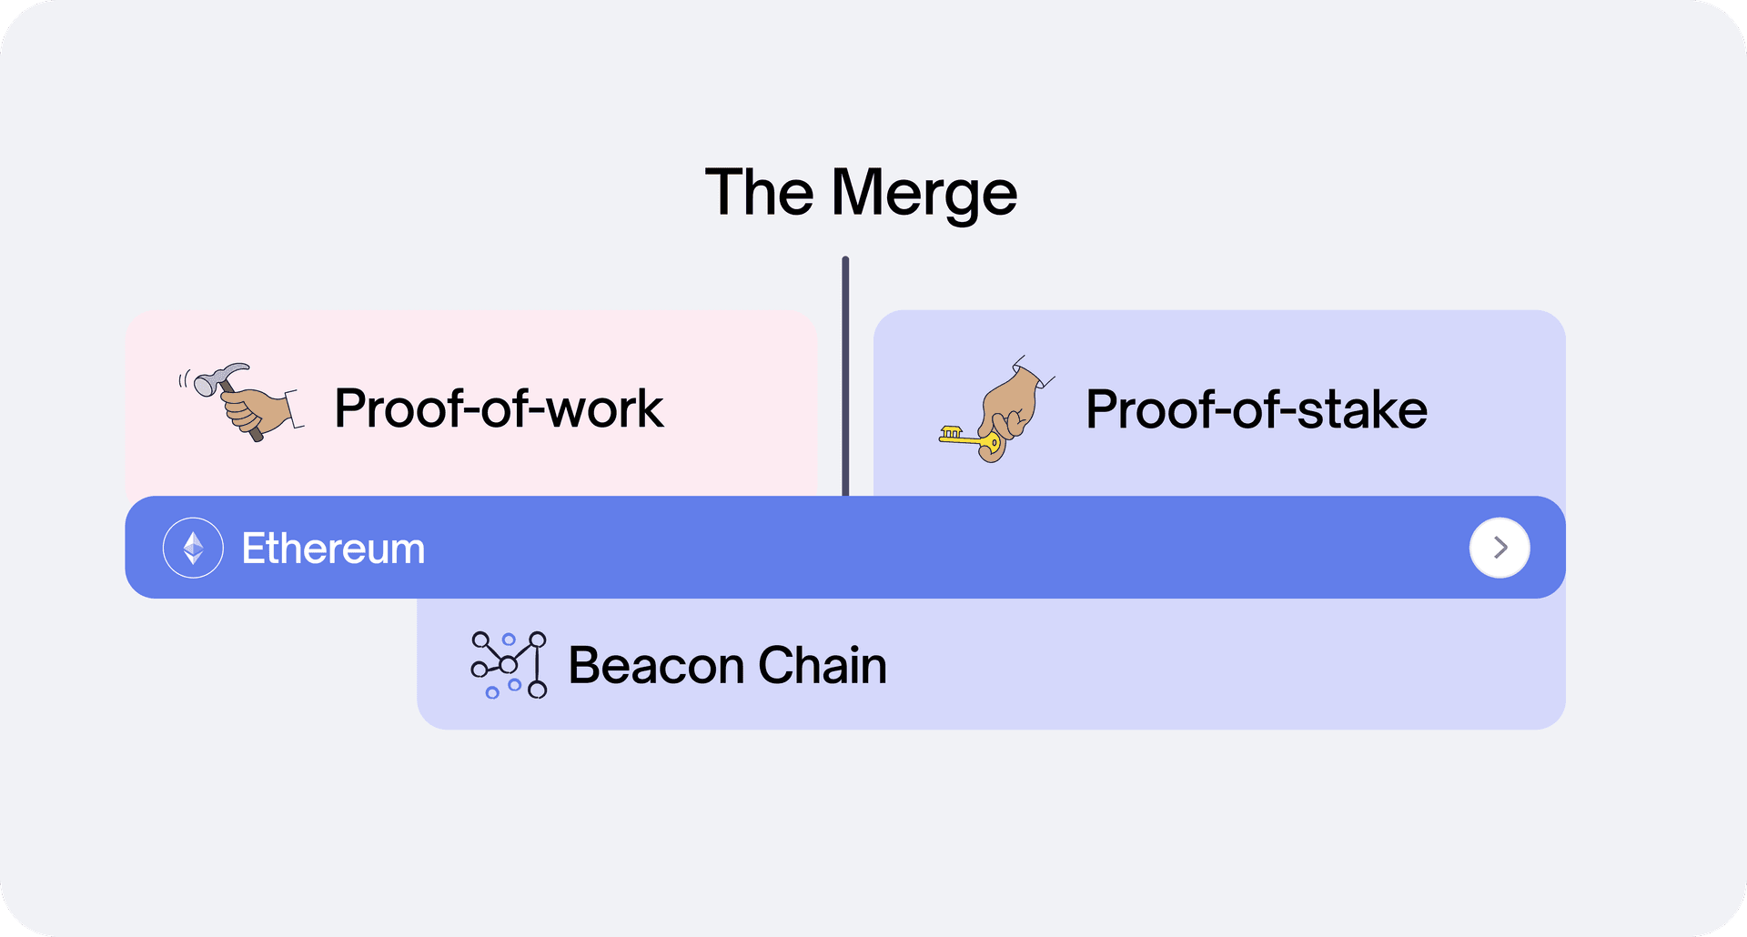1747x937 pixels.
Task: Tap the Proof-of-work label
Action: click(x=499, y=408)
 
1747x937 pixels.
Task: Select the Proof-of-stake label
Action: click(x=1256, y=409)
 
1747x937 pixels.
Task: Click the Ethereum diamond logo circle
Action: click(x=193, y=548)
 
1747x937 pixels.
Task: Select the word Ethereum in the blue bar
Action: click(x=333, y=549)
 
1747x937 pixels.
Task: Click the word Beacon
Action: click(x=656, y=665)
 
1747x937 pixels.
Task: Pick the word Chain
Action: click(x=822, y=665)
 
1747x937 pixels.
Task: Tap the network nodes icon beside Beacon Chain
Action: click(x=509, y=665)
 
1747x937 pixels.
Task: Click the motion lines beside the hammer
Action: click(x=184, y=378)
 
